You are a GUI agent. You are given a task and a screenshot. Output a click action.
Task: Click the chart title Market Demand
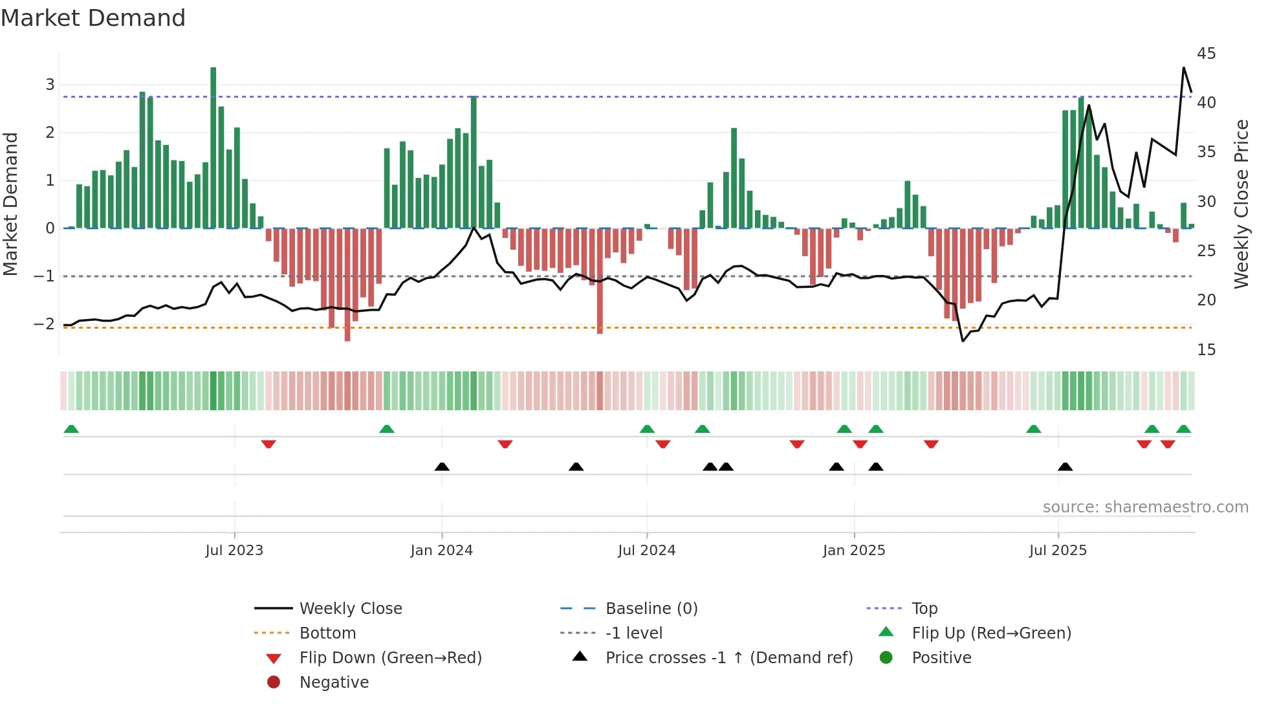93,18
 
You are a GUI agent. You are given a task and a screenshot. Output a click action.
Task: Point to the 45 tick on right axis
1206,54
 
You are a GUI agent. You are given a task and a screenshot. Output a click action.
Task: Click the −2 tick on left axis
45,324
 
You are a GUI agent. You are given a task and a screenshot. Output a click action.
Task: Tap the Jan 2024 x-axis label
441,551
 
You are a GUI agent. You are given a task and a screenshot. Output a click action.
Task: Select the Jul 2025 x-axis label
1058,551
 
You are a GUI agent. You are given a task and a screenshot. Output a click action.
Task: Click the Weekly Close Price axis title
1241,204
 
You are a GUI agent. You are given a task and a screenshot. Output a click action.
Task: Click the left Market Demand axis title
10,204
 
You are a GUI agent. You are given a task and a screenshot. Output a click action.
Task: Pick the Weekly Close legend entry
350,609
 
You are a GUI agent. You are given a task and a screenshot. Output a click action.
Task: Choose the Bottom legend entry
327,633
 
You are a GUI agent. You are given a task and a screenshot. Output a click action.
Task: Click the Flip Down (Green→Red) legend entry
390,658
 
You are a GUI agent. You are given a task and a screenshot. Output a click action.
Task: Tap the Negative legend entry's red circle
274,683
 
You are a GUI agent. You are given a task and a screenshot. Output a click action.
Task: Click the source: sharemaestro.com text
1145,507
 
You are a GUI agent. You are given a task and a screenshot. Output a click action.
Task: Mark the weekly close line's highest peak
1184,68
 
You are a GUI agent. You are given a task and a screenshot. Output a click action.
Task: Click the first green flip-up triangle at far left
71,429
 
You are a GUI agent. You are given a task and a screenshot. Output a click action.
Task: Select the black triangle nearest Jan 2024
442,466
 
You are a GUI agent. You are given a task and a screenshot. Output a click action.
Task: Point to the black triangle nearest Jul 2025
1065,466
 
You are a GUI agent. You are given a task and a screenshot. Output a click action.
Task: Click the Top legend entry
924,609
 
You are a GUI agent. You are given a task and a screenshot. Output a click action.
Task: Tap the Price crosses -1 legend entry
728,658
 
